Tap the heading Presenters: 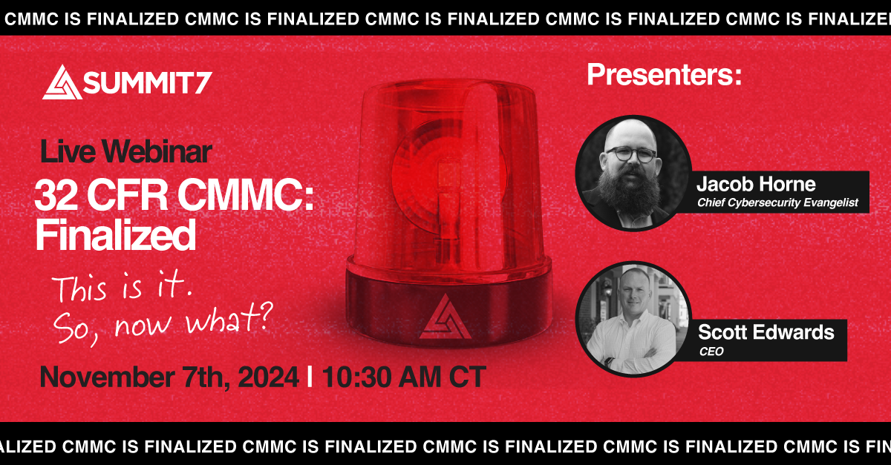(x=664, y=75)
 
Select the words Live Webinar (x=125, y=152)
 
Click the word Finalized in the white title (x=115, y=236)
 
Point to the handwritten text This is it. (x=123, y=288)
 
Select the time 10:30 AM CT (x=401, y=377)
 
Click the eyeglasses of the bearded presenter (x=630, y=154)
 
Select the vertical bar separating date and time (x=309, y=377)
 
